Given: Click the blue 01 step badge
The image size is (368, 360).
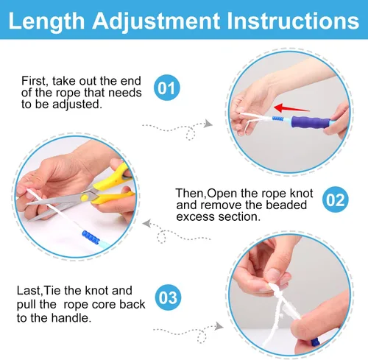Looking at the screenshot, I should (x=168, y=90).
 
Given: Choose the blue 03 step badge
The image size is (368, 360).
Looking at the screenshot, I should (x=168, y=297).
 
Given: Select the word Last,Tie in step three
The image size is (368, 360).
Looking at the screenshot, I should (x=48, y=290).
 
